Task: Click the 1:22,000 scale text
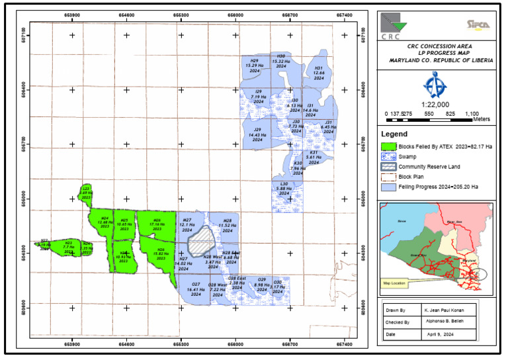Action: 435,105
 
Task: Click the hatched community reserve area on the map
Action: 198,244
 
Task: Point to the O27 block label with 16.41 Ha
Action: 196,287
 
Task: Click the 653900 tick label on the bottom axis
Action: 72,344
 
